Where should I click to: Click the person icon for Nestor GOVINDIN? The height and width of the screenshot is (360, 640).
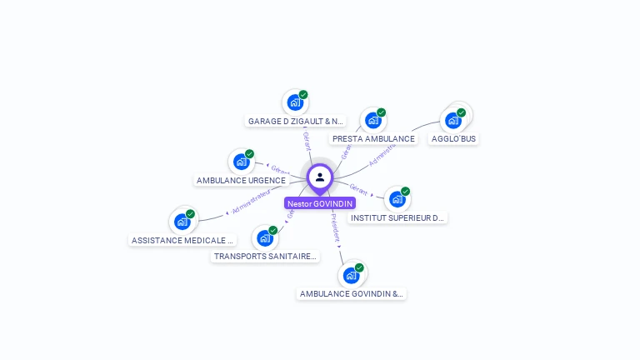click(x=320, y=177)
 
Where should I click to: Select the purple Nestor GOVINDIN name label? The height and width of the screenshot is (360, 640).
click(x=320, y=203)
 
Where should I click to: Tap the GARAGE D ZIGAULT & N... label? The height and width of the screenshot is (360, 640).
click(x=296, y=121)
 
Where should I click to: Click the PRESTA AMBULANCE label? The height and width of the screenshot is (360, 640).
click(x=372, y=139)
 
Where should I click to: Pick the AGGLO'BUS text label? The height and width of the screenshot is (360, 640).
click(x=454, y=138)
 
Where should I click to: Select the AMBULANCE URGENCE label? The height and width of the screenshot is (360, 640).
click(x=241, y=180)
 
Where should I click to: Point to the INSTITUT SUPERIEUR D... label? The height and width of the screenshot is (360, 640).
click(x=397, y=217)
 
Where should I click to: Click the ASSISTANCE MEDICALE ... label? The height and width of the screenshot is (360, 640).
click(x=182, y=240)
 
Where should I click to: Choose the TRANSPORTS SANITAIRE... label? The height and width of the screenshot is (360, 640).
click(x=265, y=256)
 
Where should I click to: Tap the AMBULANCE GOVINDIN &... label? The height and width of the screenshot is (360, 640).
click(x=352, y=293)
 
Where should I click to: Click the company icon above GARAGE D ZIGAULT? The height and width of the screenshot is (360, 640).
click(x=294, y=102)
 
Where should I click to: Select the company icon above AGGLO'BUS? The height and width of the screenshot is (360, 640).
click(x=453, y=120)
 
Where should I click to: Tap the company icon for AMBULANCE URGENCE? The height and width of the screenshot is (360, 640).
click(x=241, y=162)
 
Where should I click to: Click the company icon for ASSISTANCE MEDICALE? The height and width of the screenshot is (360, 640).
click(x=182, y=222)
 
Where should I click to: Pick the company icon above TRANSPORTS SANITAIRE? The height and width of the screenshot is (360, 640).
click(x=265, y=238)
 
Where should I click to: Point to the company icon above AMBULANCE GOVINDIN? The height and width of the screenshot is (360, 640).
click(x=351, y=275)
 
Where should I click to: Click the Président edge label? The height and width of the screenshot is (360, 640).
click(x=335, y=227)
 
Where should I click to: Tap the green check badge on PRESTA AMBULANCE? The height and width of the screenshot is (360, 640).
click(x=381, y=112)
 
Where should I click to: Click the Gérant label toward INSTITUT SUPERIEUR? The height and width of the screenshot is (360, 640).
click(x=358, y=188)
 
